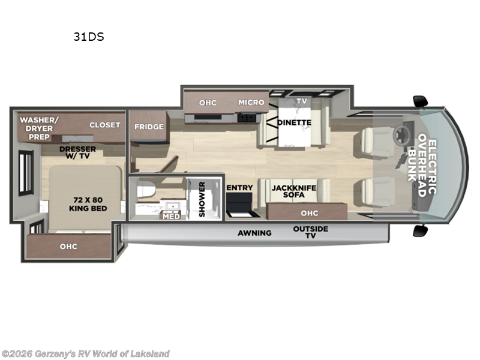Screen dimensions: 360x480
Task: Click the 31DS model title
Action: point(89,37)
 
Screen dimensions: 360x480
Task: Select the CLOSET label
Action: point(105,125)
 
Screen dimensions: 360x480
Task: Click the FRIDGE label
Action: point(149,127)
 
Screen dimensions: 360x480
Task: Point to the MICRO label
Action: point(251,102)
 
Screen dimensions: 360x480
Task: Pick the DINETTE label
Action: point(294,122)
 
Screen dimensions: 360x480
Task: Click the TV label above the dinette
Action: point(301,101)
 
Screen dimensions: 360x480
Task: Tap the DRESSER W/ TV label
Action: point(75,152)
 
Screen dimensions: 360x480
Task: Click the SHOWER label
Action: point(202,200)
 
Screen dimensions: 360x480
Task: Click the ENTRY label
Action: point(239,188)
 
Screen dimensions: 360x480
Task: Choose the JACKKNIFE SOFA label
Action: point(293,191)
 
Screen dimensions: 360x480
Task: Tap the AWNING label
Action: point(254,233)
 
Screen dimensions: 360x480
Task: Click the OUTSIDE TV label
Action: point(310,232)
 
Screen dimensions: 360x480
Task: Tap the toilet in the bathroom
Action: point(146,191)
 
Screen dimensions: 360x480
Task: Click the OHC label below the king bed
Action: point(68,246)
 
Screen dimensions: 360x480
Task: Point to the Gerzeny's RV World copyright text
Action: point(85,353)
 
